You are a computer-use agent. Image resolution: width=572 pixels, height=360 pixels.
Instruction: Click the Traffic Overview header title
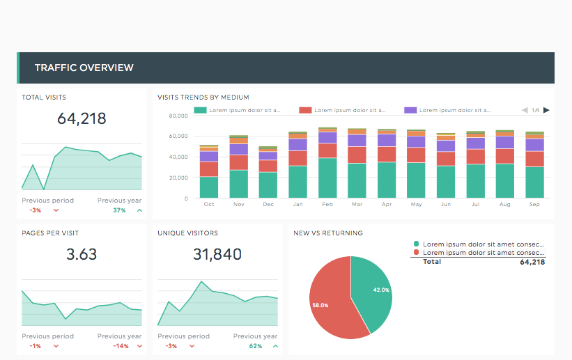click(84, 68)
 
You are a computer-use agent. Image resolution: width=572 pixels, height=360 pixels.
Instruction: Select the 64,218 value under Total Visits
click(82, 118)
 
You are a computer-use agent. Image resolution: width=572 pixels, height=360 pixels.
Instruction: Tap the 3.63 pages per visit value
click(82, 254)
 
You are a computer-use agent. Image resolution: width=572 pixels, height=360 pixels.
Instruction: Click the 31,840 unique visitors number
click(217, 254)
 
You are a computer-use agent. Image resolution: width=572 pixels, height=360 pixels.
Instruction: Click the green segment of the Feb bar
click(327, 178)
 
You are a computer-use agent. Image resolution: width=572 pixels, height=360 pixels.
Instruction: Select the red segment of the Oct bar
click(209, 169)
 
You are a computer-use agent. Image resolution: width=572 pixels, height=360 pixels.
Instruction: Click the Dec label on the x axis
click(268, 205)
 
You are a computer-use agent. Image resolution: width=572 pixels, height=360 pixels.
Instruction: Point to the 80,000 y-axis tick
click(178, 115)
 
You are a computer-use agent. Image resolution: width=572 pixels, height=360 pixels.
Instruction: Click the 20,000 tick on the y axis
click(178, 178)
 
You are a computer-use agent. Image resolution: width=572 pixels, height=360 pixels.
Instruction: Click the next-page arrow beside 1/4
click(547, 110)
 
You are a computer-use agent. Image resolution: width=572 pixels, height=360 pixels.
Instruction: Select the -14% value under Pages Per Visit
click(121, 346)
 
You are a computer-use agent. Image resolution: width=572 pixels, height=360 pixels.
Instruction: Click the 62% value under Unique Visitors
click(255, 346)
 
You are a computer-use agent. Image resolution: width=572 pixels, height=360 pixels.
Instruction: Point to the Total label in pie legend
click(432, 263)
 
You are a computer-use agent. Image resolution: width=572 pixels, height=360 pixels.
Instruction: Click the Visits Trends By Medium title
click(203, 97)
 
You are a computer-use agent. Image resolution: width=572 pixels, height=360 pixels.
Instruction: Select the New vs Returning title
click(327, 233)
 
